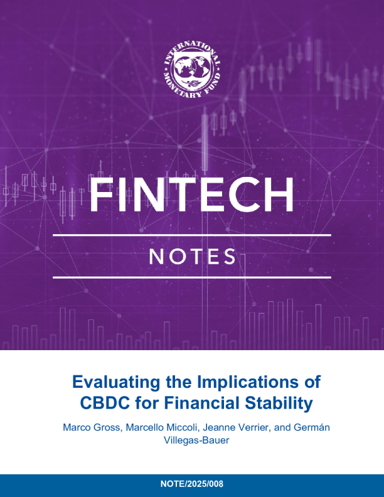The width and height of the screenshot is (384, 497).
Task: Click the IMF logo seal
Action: pyautogui.click(x=192, y=70)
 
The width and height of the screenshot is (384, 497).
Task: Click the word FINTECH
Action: pyautogui.click(x=192, y=195)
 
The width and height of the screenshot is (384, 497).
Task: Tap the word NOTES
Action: pyautogui.click(x=191, y=257)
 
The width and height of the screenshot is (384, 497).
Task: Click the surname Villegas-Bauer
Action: pyautogui.click(x=192, y=441)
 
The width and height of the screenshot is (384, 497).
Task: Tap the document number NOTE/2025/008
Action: pyautogui.click(x=192, y=484)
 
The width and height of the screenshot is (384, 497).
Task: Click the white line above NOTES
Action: pyautogui.click(x=192, y=235)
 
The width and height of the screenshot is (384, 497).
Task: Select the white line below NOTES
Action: pyautogui.click(x=192, y=276)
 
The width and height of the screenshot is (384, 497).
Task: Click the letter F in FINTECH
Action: pyautogui.click(x=100, y=195)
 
